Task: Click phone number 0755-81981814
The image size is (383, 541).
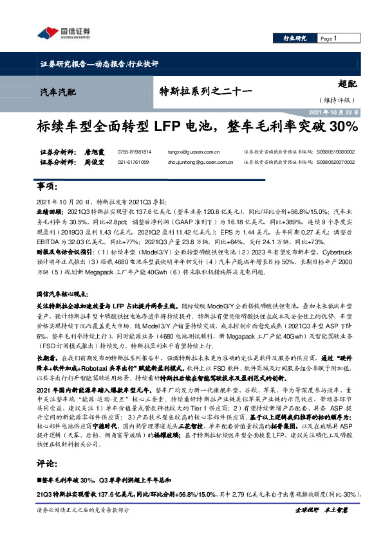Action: (x=135, y=152)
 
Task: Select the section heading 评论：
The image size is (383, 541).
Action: (x=48, y=464)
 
